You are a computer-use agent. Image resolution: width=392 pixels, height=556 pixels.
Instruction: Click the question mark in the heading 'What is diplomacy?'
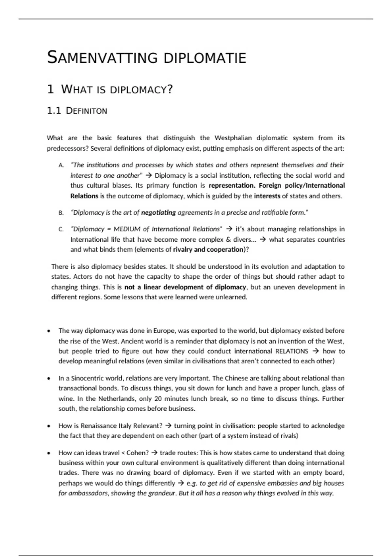click(170, 89)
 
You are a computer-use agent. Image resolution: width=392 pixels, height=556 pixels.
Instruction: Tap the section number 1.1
click(54, 111)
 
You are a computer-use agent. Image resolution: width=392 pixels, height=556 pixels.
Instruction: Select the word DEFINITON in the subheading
click(87, 111)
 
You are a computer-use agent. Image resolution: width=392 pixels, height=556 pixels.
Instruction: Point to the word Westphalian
click(233, 138)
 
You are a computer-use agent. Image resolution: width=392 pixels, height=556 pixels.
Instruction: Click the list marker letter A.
click(61, 165)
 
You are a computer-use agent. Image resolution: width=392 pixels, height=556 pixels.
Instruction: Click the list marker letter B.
click(61, 213)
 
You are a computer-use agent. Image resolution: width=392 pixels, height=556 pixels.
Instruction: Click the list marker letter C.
click(61, 229)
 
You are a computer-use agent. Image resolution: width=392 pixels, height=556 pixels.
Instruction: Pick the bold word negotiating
click(158, 213)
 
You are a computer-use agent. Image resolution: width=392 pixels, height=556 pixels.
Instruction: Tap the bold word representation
click(232, 185)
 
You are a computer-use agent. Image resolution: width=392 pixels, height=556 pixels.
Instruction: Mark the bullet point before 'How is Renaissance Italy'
click(49, 426)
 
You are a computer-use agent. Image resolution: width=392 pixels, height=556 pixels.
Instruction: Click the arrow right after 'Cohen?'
click(154, 453)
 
